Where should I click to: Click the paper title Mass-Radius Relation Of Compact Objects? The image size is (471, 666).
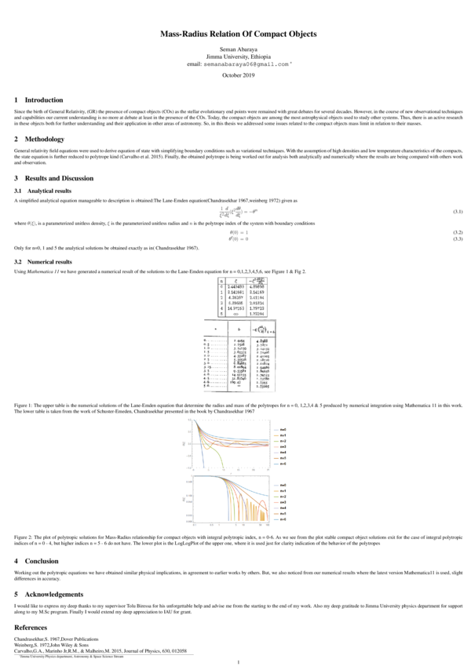click(x=238, y=35)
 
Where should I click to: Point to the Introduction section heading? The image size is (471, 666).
click(x=43, y=100)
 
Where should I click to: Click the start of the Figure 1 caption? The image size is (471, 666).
click(x=27, y=405)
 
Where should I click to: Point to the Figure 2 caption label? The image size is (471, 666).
click(x=27, y=537)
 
